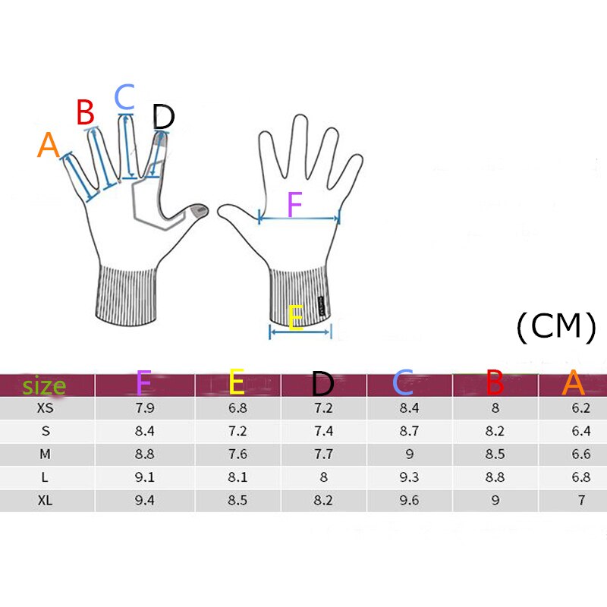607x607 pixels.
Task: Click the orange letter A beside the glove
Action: [49, 145]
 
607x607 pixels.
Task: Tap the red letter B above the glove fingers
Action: [85, 113]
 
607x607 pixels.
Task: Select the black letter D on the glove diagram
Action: [163, 117]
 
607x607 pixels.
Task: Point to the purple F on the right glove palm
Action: [294, 205]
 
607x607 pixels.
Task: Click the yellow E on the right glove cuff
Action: [295, 318]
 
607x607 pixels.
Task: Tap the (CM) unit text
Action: [555, 326]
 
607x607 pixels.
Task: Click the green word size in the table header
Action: [44, 385]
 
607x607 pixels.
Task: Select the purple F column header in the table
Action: [143, 384]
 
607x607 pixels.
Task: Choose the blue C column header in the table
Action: [403, 384]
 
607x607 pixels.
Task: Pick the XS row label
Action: [46, 408]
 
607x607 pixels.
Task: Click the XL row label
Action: [46, 501]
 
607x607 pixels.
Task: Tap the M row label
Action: [46, 454]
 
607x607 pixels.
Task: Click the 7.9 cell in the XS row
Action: [144, 408]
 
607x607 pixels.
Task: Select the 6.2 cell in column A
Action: [581, 408]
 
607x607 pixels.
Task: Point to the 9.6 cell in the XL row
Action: [410, 501]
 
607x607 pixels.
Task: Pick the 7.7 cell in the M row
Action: [324, 454]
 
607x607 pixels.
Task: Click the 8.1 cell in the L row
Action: [238, 478]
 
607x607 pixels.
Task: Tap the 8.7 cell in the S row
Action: [410, 431]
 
